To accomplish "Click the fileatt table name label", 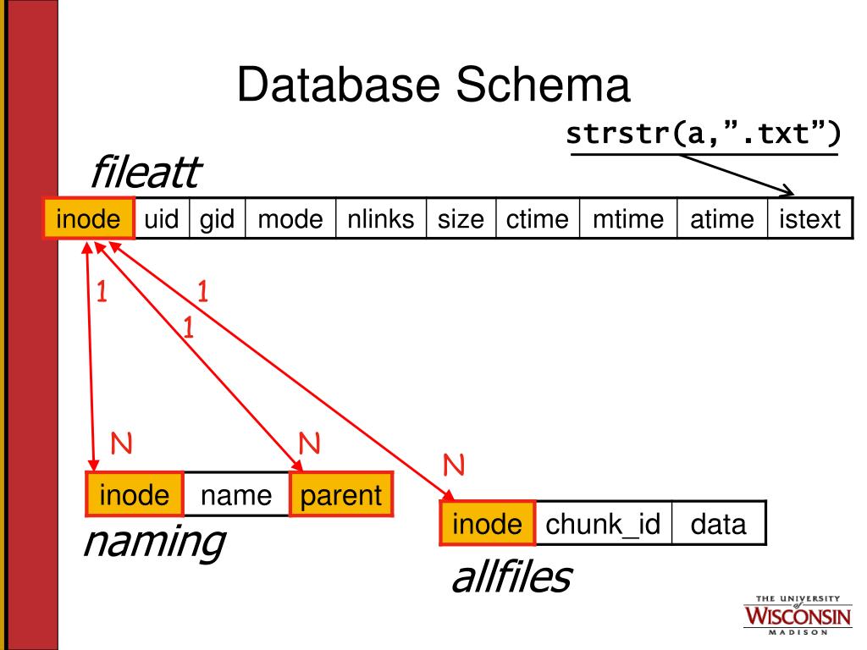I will (144, 174).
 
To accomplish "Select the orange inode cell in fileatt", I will (89, 219).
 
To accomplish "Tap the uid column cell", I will (161, 219).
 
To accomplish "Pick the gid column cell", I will (217, 219).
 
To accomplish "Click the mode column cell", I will (290, 219).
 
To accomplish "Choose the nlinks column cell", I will (380, 219).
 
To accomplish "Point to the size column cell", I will (461, 219).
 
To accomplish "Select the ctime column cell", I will (537, 219).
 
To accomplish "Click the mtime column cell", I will (627, 219).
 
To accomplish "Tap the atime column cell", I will (721, 219).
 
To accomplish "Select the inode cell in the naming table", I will (134, 494).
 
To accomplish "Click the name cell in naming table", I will (236, 494).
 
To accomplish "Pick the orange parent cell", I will (341, 494).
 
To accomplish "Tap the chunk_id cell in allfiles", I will (603, 524).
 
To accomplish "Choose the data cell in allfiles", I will (718, 524).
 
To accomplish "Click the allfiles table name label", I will (511, 577).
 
